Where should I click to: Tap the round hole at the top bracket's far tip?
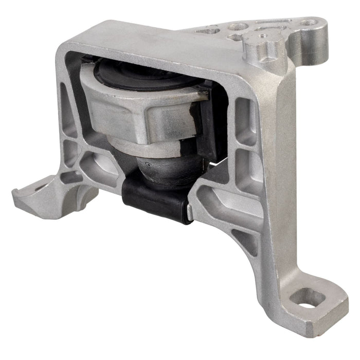click(309, 23)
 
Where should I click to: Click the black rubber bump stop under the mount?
click(154, 198)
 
